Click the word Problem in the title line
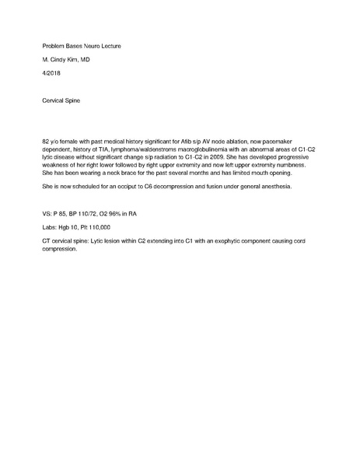pos(55,47)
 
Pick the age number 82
pos(47,138)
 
